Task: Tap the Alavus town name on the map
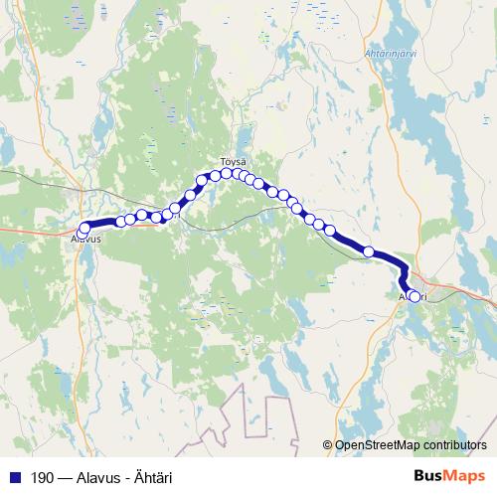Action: coord(86,240)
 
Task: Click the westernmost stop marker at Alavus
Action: coord(84,228)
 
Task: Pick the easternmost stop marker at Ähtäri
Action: coord(414,295)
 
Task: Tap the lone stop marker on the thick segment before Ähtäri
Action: coord(370,251)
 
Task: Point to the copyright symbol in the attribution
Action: coord(328,446)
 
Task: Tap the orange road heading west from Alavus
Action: coord(30,230)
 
